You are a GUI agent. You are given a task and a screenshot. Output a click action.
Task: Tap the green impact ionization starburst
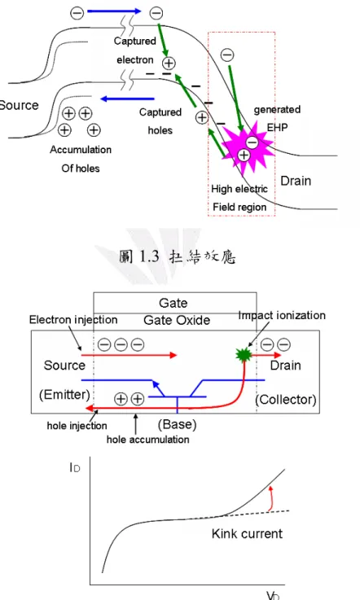[x=244, y=355]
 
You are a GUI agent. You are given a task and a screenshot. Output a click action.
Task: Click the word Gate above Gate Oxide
[x=173, y=303]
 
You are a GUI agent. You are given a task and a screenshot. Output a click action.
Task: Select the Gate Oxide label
[x=177, y=320]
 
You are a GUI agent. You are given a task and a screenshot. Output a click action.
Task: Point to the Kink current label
[x=247, y=533]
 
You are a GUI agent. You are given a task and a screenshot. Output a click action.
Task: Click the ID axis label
[x=75, y=467]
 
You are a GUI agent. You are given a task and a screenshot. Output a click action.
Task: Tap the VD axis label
[x=273, y=595]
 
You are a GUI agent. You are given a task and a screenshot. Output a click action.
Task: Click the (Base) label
[x=177, y=424]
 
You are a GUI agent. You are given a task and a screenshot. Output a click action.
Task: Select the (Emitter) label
[x=64, y=394]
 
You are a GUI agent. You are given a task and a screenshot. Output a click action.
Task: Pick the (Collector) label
[x=286, y=400]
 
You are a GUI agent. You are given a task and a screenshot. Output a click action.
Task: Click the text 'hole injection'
[x=77, y=426]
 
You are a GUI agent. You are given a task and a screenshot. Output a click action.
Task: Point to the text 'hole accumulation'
[x=148, y=440]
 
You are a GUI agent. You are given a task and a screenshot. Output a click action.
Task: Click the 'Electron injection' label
[x=73, y=319]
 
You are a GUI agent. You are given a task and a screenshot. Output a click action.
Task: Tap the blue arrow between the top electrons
[x=114, y=11]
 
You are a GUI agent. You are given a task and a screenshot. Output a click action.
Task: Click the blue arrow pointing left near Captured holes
[x=127, y=99]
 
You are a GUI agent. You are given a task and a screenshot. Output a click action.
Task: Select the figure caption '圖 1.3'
[x=138, y=256]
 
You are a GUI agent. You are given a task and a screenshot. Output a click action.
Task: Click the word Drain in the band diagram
[x=296, y=181]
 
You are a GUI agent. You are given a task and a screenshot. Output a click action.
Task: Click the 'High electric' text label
[x=239, y=189]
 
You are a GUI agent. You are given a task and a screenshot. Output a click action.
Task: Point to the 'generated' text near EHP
[x=277, y=109]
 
